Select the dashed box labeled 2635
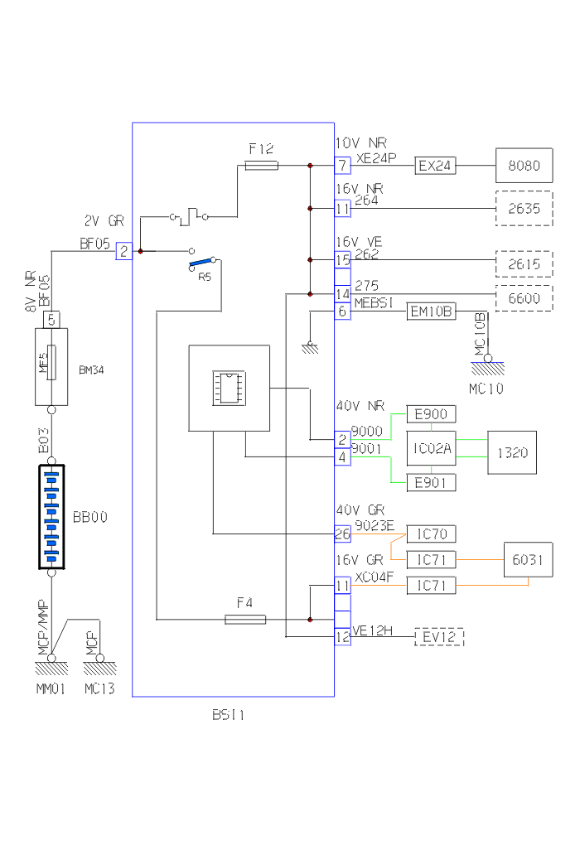tap(523, 209)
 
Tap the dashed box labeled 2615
tap(523, 263)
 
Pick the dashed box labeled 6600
tap(523, 298)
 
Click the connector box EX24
tap(436, 166)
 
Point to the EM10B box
tap(431, 311)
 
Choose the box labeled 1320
tap(512, 452)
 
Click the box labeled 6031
tap(529, 561)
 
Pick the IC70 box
tap(431, 534)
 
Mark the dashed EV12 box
tap(439, 637)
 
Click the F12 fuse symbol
tap(262, 166)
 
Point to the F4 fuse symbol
tap(245, 619)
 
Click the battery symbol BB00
tap(51, 517)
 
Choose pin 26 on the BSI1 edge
tap(342, 534)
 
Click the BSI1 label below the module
tap(229, 715)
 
